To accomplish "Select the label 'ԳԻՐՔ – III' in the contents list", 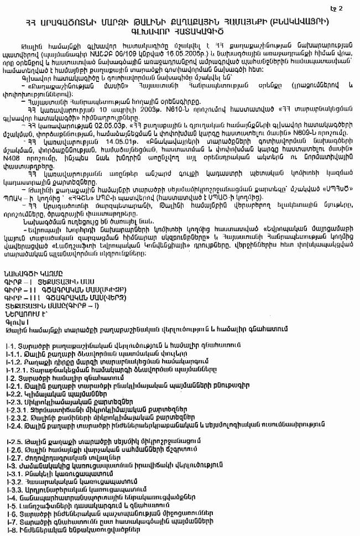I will pyautogui.click(x=19, y=309).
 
